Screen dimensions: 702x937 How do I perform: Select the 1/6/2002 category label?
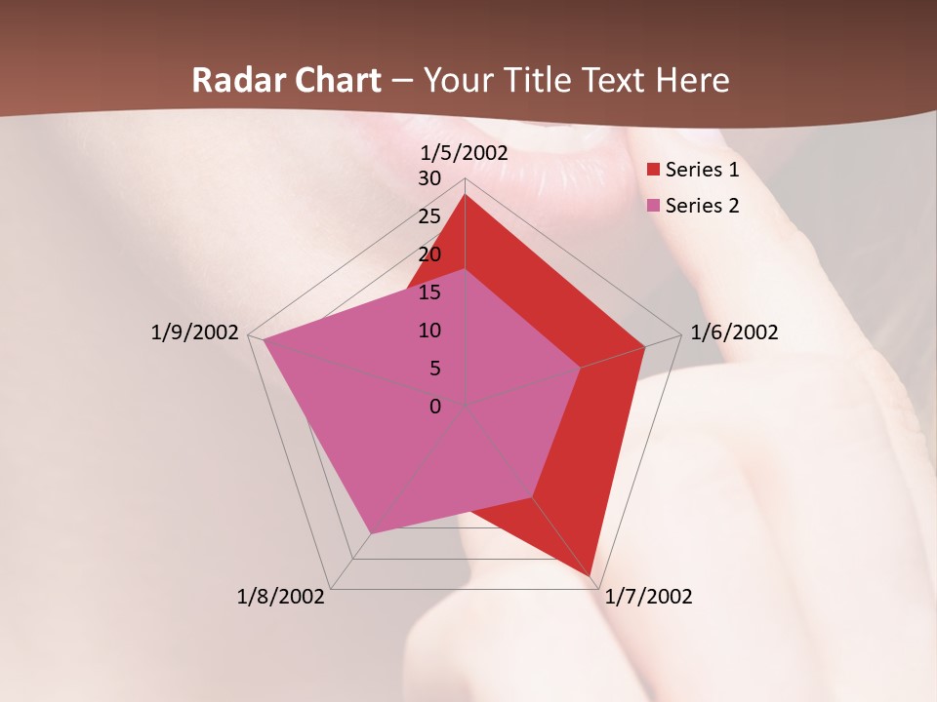click(734, 332)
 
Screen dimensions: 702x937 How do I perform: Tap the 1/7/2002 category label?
click(648, 597)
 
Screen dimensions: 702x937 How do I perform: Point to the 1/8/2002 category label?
click(281, 597)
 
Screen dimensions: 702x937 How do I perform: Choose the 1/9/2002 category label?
click(195, 332)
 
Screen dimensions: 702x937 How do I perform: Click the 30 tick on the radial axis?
click(429, 178)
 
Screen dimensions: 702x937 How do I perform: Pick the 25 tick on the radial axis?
click(429, 216)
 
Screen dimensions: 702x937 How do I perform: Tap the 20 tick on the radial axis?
click(429, 254)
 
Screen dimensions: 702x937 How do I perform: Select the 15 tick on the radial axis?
click(429, 292)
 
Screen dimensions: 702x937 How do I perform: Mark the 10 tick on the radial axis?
click(429, 331)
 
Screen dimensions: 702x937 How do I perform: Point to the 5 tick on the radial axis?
click(434, 369)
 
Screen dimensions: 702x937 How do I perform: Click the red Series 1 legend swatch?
click(654, 171)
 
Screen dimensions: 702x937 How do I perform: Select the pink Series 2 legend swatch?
click(654, 206)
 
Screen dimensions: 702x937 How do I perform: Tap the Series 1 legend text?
click(702, 171)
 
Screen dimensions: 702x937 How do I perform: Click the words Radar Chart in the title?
click(286, 81)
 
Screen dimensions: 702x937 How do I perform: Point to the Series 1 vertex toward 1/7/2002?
click(592, 574)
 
